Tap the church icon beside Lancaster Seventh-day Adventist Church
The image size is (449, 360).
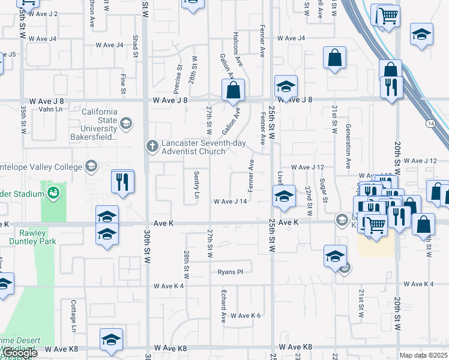tap(152, 145)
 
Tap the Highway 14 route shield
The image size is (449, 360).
tap(430, 123)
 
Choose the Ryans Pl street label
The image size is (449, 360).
tap(230, 272)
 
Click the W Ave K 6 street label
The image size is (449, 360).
tap(245, 316)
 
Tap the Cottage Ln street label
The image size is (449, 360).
tap(74, 316)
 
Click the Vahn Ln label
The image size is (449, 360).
tap(50, 109)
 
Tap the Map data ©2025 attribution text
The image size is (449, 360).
tap(424, 355)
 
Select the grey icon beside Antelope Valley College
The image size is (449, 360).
tap(91, 166)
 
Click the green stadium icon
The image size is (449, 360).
tap(53, 193)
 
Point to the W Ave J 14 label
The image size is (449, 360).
tap(231, 202)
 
